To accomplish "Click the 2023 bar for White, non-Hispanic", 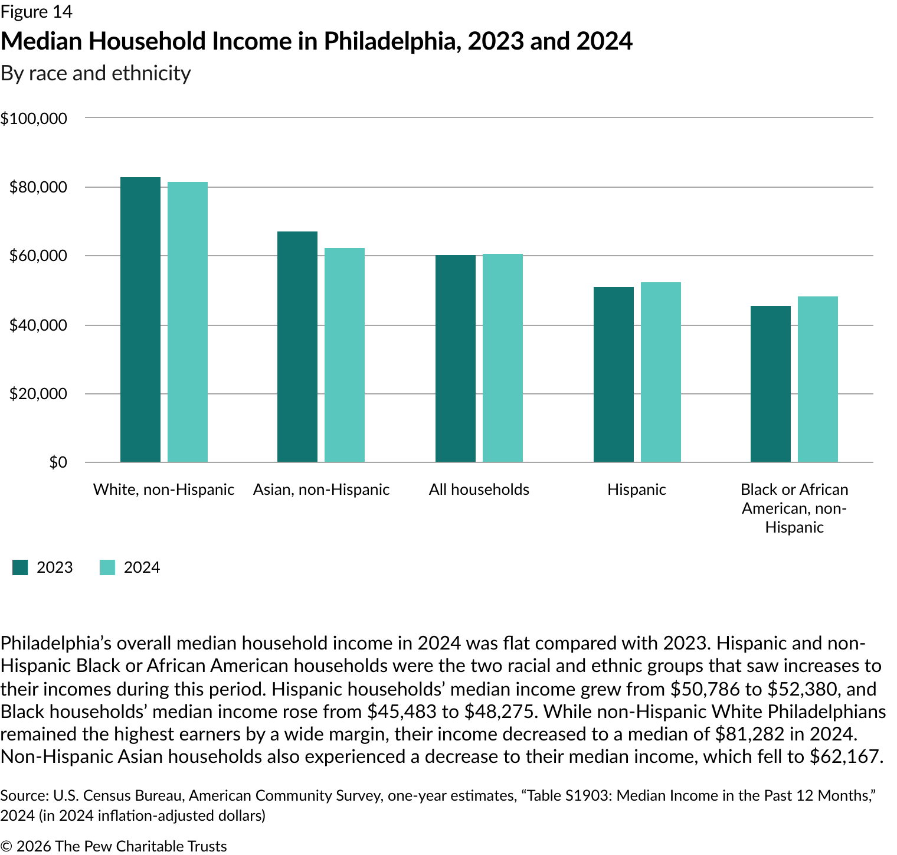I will (140, 319).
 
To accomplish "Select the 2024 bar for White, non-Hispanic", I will (188, 322).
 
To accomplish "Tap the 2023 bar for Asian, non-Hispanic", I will (297, 347).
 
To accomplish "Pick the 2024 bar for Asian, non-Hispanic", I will (345, 355).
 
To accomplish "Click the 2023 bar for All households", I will (456, 358).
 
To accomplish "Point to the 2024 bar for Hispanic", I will (661, 372).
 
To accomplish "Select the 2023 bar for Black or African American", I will (771, 384).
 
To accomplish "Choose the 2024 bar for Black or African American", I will (818, 379).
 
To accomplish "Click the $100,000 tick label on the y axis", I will (34, 119).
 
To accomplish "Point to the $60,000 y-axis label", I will (38, 256).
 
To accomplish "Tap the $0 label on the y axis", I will (58, 462).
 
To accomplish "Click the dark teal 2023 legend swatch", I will (20, 567).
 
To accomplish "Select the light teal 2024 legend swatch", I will (107, 567).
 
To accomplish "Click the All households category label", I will (479, 489).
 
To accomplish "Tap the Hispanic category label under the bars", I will (637, 489).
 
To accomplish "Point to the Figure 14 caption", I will (37, 11).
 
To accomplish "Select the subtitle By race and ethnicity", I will (96, 73).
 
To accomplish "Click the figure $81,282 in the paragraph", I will (749, 734).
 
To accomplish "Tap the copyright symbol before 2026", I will (6, 846).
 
